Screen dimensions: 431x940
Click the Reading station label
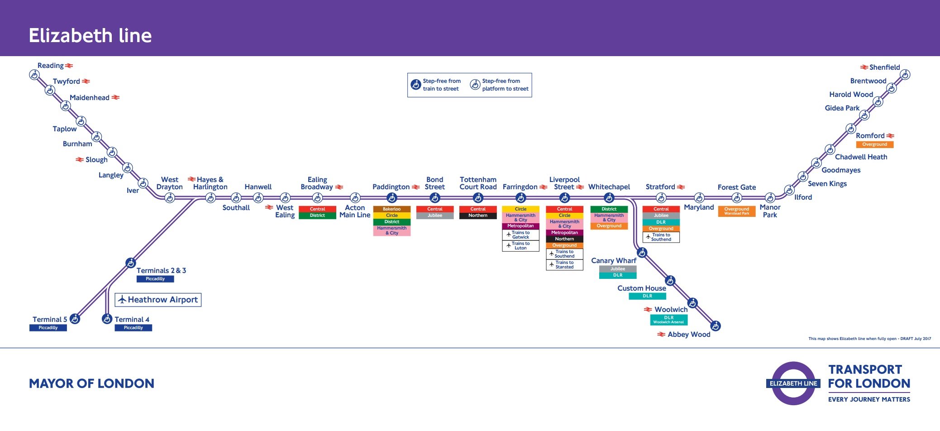51,66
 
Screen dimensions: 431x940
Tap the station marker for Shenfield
905,75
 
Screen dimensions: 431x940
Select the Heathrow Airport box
158,300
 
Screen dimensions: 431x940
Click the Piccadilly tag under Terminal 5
48,328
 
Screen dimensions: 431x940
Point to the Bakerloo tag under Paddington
391,209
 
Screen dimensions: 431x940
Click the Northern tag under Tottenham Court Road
478,215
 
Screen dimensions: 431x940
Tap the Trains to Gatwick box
520,235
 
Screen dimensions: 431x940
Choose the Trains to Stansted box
564,265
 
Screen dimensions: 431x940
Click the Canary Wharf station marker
642,253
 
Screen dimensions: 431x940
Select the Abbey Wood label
689,335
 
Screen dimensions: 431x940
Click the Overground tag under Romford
874,144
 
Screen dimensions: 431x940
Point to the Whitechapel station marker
609,198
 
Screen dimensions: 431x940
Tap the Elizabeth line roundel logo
793,383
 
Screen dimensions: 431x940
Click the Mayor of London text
91,383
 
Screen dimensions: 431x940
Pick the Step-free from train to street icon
415,85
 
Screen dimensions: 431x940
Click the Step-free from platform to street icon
475,85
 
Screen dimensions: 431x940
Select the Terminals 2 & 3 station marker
131,263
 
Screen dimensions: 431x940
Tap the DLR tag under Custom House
647,296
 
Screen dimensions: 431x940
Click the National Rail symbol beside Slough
80,160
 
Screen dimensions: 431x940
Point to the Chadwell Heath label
861,157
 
